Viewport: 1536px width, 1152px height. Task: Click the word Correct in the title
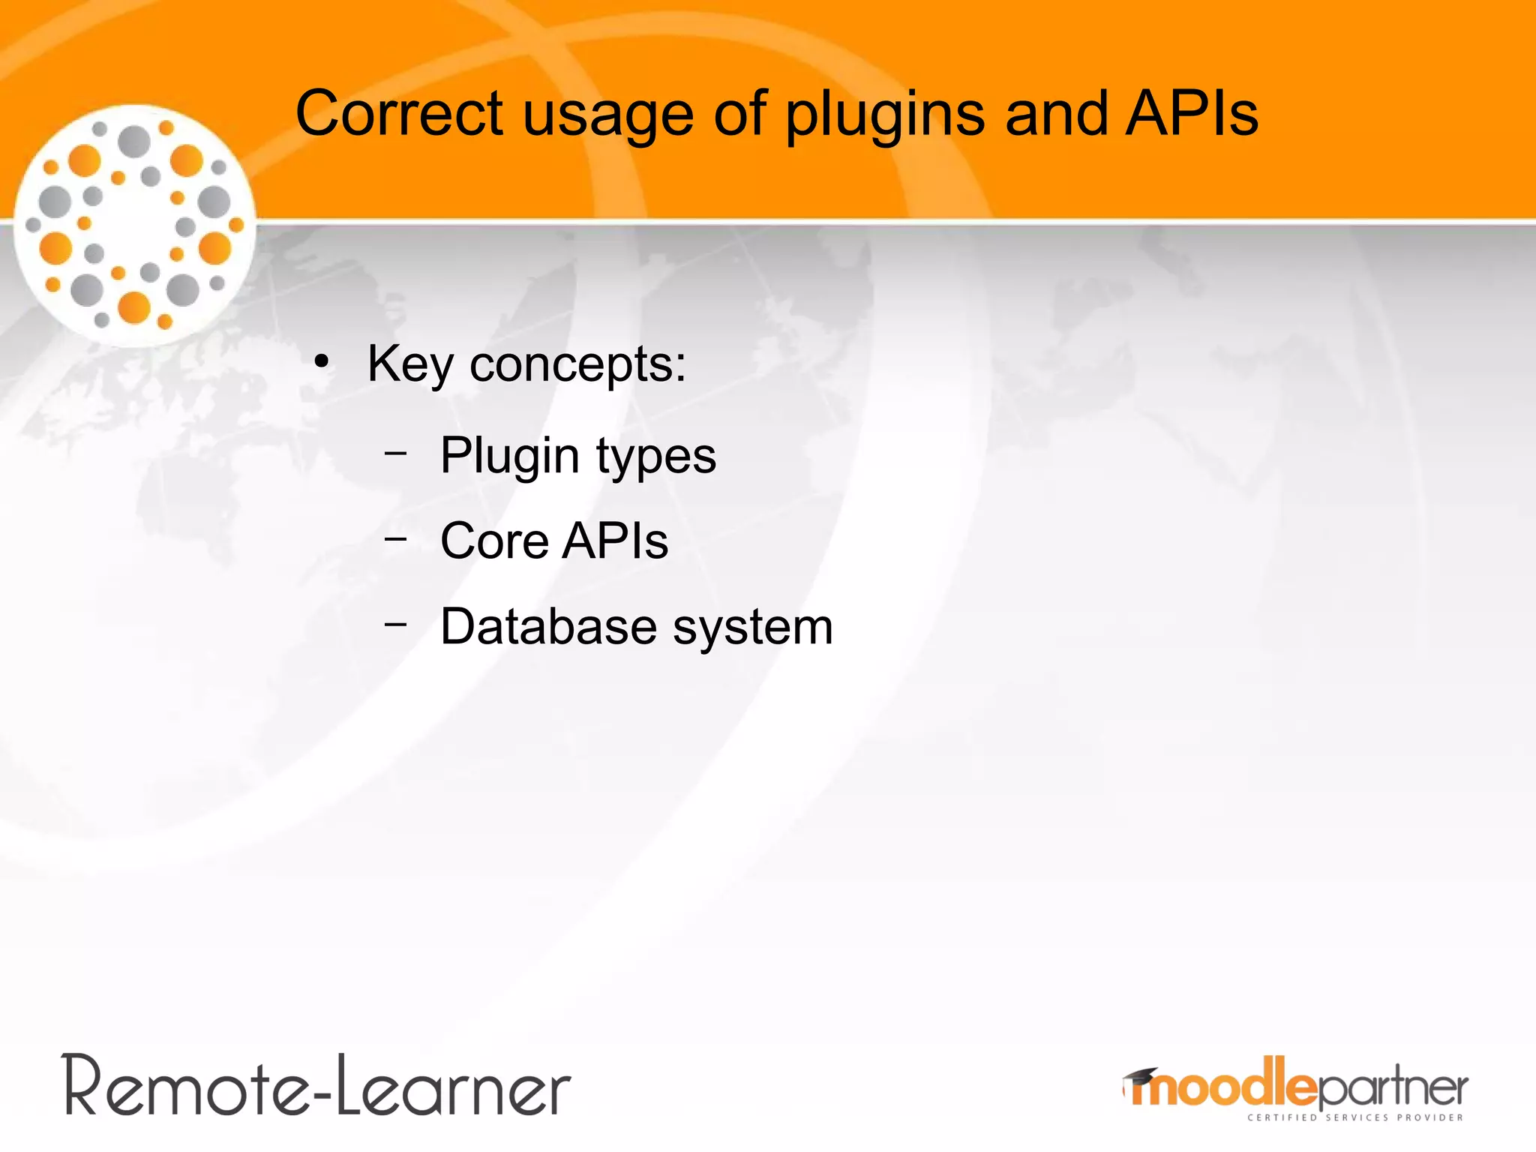click(399, 114)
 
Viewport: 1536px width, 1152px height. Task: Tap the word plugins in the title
click(885, 114)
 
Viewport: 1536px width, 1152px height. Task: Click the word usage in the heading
click(607, 114)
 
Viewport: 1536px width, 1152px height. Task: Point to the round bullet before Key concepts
click(322, 362)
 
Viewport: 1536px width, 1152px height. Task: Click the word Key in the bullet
click(409, 364)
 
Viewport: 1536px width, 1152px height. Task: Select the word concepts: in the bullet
click(577, 364)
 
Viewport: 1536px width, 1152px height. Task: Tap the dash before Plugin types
click(395, 453)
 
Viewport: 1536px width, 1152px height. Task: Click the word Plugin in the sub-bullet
click(509, 455)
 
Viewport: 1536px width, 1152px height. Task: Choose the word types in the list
click(656, 455)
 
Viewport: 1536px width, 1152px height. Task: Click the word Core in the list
click(494, 541)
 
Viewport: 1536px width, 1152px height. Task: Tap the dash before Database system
click(395, 623)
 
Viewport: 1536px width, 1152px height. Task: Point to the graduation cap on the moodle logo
click(1139, 1077)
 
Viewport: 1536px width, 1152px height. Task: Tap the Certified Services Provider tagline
click(1354, 1117)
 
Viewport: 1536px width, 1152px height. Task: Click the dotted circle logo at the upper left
click(135, 225)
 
